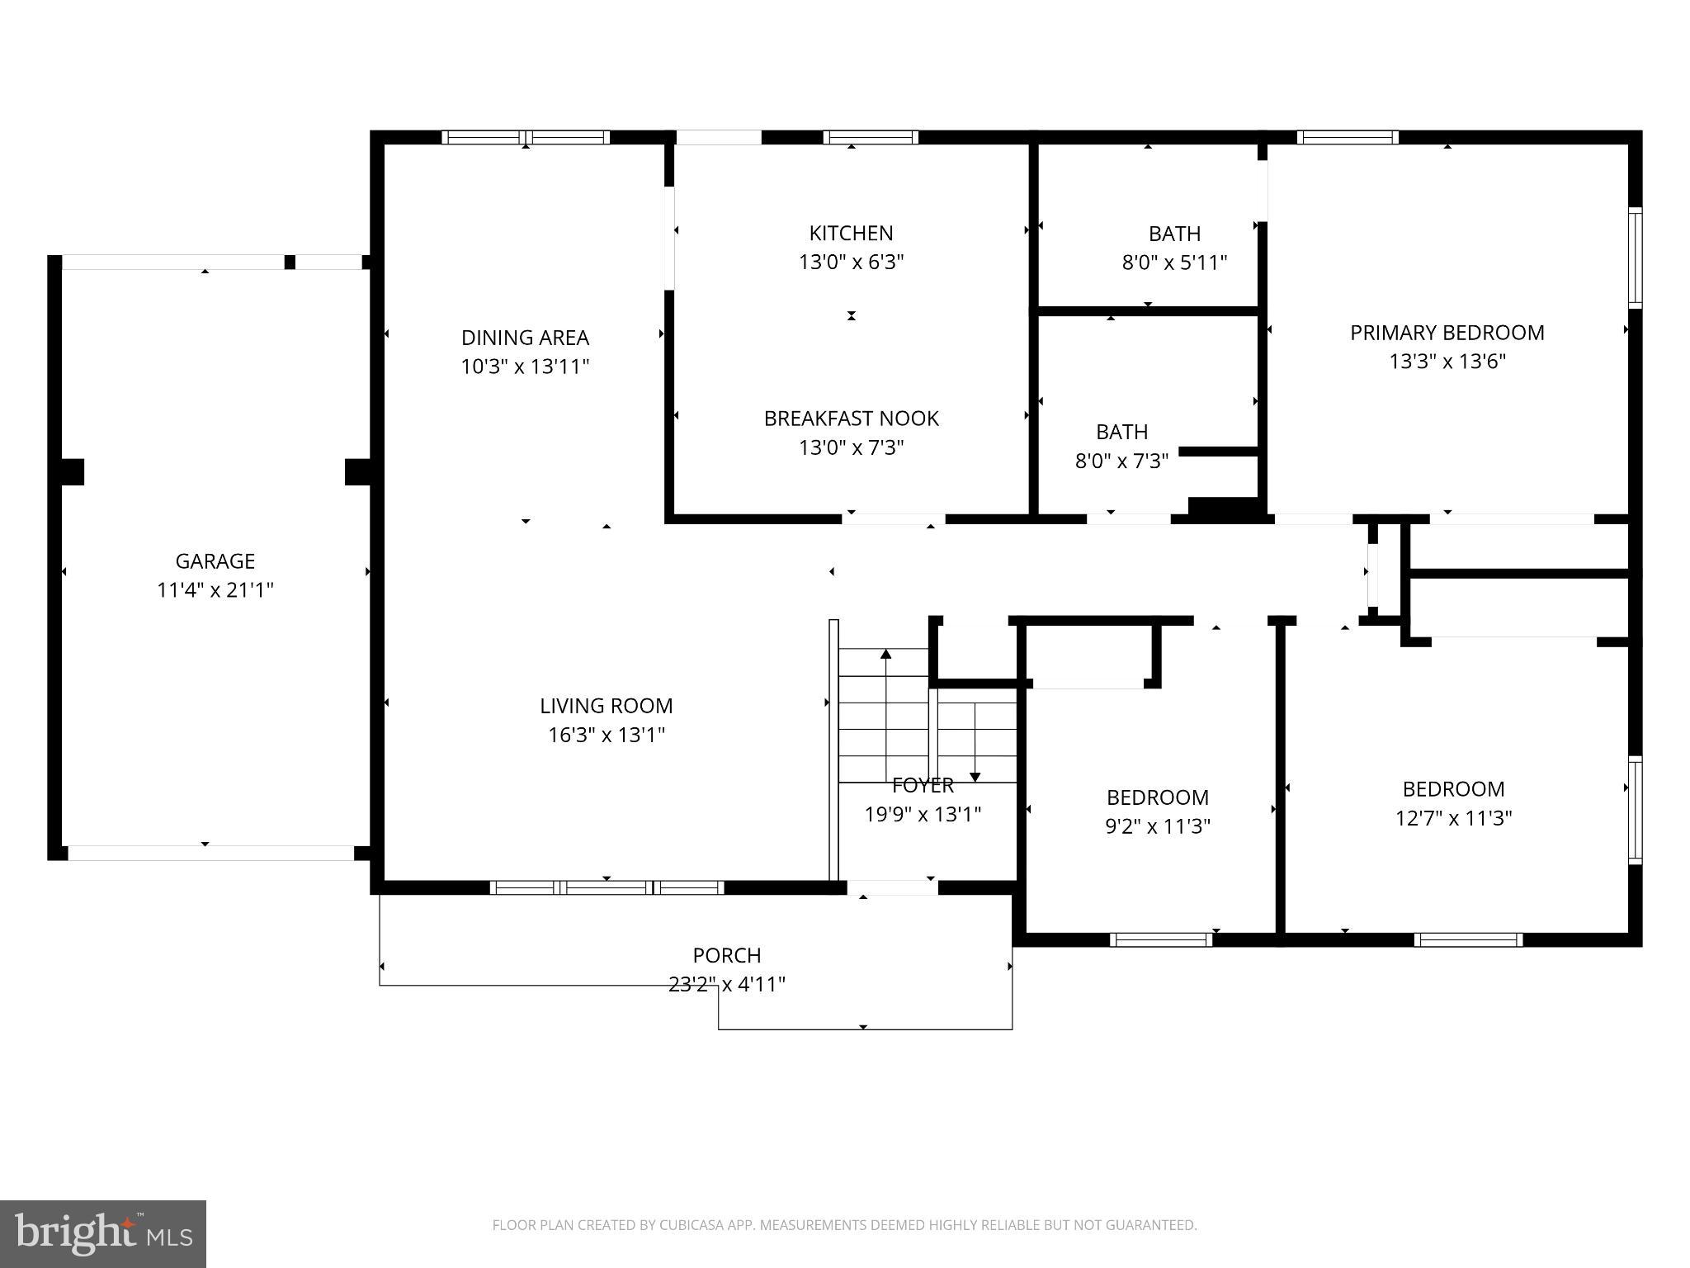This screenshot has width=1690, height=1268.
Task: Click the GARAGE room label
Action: click(215, 561)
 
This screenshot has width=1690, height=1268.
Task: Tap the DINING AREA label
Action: click(525, 338)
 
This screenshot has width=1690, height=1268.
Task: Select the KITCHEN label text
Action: click(851, 233)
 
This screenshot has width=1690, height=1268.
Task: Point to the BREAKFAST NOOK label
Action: click(851, 419)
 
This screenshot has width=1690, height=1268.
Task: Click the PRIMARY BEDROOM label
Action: click(1447, 333)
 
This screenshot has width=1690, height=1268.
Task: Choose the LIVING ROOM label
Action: click(607, 706)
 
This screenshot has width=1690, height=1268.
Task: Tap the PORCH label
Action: click(727, 955)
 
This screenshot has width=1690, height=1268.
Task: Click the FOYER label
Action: click(923, 785)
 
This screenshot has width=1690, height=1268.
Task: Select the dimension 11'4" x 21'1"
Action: click(215, 590)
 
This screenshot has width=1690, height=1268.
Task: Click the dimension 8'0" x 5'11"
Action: click(1174, 263)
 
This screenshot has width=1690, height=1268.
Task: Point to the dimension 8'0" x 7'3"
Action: click(1121, 461)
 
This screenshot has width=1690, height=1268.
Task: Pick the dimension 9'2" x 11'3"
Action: click(1158, 826)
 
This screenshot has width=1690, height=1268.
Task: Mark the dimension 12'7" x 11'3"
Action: click(1453, 818)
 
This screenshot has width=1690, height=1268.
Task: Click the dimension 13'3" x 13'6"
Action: click(1447, 362)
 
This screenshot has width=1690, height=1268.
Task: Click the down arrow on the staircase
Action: click(975, 741)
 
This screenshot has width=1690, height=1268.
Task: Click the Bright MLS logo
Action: click(103, 1234)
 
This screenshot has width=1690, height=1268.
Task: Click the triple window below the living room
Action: click(607, 887)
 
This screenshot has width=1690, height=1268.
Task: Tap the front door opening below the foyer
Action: click(893, 887)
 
